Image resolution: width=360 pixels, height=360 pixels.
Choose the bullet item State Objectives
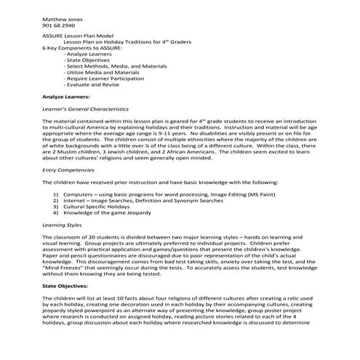click(x=89, y=60)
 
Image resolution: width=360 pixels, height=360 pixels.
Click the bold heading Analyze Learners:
click(x=66, y=97)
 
